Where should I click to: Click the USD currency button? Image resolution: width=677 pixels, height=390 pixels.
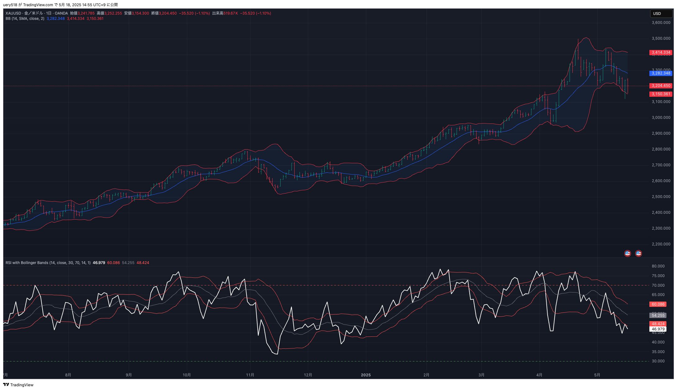pos(661,14)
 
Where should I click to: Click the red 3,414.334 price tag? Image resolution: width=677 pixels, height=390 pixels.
pos(661,53)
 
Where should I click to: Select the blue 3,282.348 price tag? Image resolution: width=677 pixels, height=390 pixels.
pos(661,73)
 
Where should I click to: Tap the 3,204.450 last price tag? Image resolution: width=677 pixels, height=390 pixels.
pos(661,86)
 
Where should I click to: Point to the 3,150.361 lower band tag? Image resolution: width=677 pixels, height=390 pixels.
pos(661,94)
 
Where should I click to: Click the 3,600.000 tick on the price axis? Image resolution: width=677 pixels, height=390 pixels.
pos(661,23)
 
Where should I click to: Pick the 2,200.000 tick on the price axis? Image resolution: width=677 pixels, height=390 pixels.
pos(661,244)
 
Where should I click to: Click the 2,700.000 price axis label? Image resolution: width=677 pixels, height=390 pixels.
pos(661,165)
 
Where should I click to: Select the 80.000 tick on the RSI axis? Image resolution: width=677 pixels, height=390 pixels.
pos(658,266)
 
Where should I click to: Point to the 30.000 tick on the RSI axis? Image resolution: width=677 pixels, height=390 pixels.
pos(658,361)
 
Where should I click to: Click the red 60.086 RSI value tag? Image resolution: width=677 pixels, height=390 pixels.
pos(658,304)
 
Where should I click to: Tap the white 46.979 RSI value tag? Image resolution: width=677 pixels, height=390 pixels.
pos(658,329)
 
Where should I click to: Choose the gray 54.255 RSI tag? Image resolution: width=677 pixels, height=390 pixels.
pos(658,316)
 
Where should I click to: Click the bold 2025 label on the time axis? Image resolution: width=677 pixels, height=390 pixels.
pos(366,375)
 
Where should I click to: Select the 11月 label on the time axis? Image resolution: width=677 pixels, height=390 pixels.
pos(250,375)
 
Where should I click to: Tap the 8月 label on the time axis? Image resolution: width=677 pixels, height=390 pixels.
pos(68,375)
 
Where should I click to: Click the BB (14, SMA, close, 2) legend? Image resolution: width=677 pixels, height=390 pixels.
pos(25,19)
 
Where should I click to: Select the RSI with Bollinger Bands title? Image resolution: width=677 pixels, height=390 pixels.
pos(48,263)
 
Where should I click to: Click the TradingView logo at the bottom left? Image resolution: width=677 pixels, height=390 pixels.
pos(18,385)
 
